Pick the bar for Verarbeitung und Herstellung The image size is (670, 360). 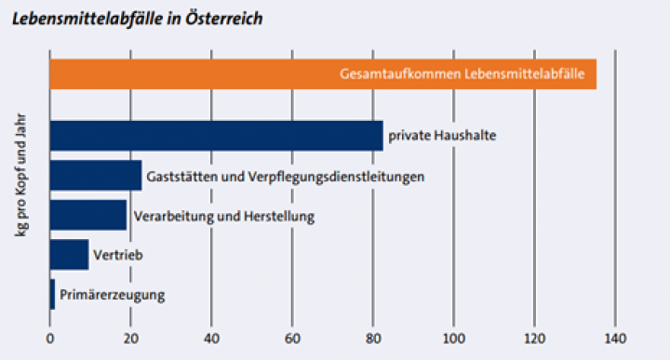pos(87,215)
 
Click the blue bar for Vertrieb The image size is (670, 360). pos(69,255)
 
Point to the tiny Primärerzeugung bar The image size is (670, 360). pos(52,294)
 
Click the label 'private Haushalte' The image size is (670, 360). pos(442,136)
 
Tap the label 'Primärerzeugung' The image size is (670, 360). pos(112,295)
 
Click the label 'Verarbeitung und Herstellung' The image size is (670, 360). pos(225,216)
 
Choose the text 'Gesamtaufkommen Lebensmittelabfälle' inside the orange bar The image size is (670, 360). pos(467,74)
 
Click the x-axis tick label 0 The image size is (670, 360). pos(49,338)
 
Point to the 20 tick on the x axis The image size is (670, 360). pos(130,338)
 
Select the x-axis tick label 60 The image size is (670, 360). pos(292,338)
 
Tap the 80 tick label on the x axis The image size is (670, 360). pos(373,338)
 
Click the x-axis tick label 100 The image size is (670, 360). pos(453,338)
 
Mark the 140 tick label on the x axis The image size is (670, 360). pos(615,338)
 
